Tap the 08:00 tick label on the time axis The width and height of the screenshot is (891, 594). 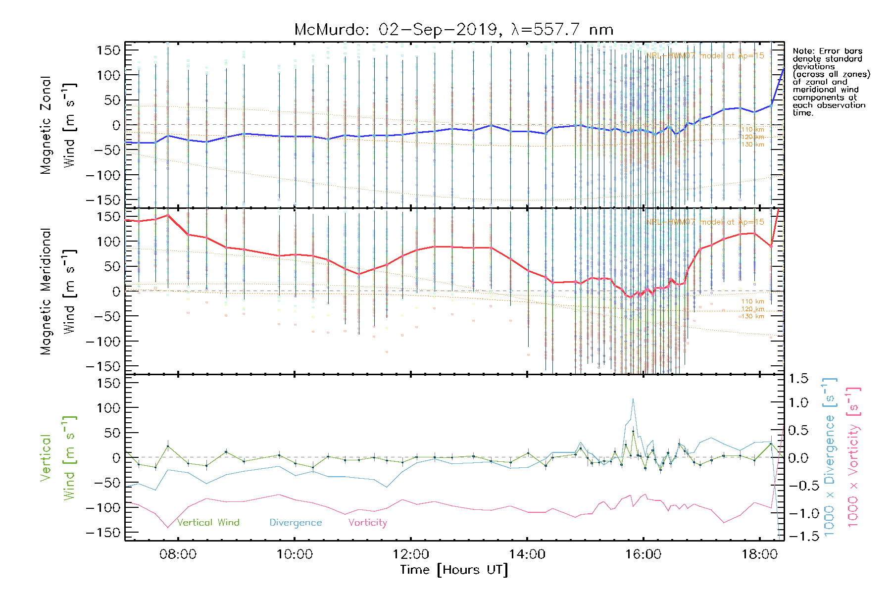tap(178, 554)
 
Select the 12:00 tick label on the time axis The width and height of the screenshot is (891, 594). tap(411, 554)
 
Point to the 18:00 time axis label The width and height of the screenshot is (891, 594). tap(760, 554)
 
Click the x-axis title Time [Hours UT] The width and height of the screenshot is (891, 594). tap(454, 570)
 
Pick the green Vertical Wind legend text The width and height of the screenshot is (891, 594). tap(208, 523)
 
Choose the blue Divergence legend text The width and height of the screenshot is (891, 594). tap(296, 523)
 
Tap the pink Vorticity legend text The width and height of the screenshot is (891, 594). tap(367, 523)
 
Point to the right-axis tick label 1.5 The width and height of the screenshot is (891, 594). tap(798, 379)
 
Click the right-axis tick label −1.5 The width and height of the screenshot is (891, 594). tap(798, 536)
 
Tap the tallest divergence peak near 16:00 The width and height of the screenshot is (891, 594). tap(633, 399)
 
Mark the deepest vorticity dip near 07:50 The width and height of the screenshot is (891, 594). tap(167, 528)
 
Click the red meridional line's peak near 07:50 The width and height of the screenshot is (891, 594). tap(168, 215)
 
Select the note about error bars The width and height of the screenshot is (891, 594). tap(831, 82)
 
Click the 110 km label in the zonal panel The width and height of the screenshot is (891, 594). tap(752, 130)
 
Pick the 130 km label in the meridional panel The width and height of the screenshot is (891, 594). tap(752, 316)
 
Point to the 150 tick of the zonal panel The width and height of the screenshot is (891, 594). tap(108, 50)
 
